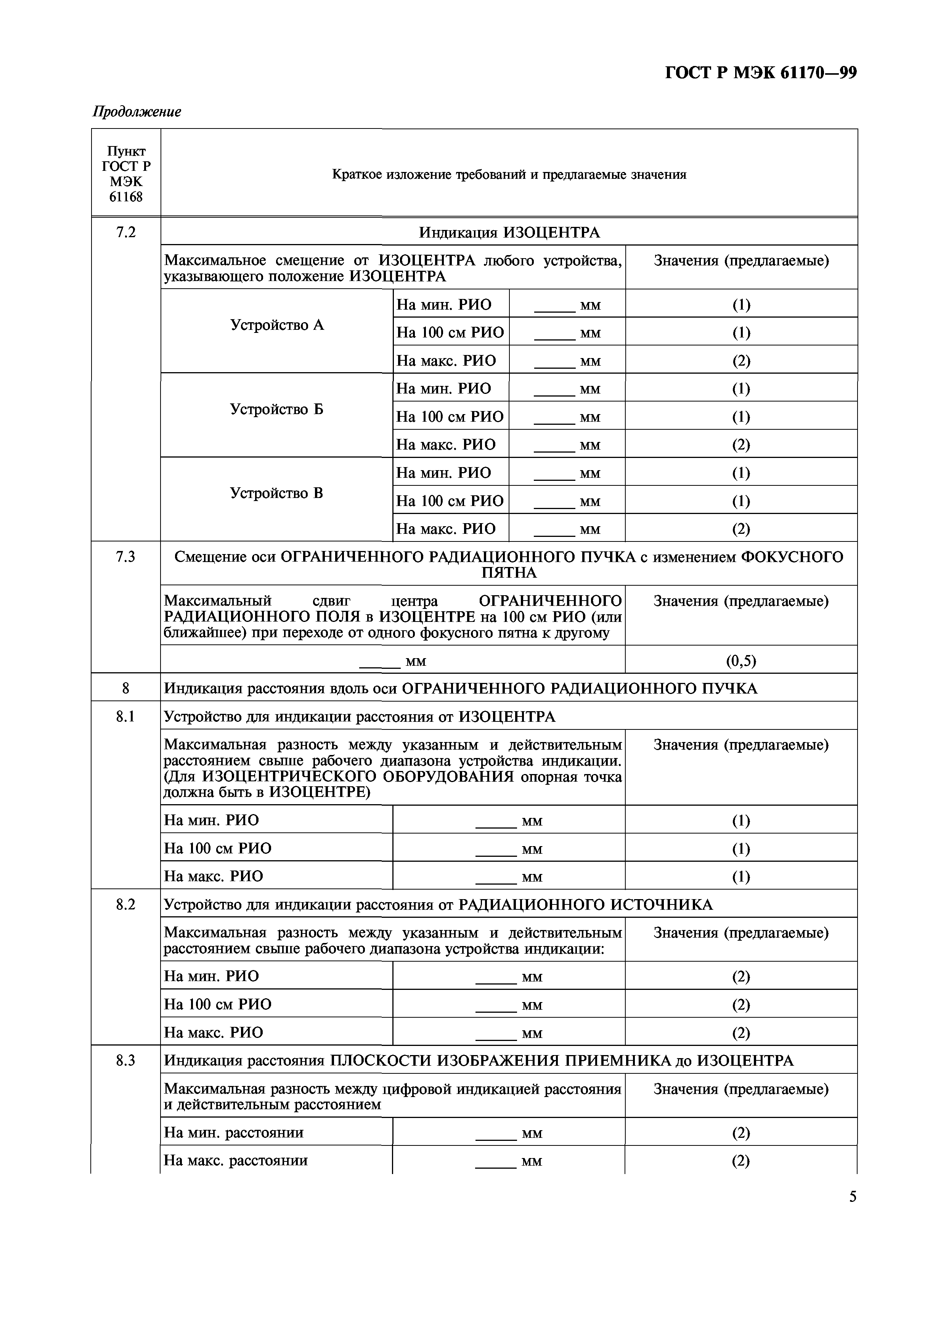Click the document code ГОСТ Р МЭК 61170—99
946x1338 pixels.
[761, 73]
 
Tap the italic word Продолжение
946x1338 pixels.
[137, 111]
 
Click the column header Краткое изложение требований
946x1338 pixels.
[509, 174]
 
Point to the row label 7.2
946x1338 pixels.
[125, 233]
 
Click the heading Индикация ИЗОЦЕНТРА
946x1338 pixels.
[509, 233]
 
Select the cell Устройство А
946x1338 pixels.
[276, 325]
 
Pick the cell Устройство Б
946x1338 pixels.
[276, 409]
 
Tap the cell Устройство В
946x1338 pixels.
[276, 493]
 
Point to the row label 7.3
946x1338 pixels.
[125, 557]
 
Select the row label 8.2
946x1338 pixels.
[125, 904]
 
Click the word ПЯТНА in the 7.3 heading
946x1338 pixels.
[509, 573]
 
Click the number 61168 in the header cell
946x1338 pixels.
[125, 197]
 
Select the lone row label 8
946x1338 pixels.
[125, 688]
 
